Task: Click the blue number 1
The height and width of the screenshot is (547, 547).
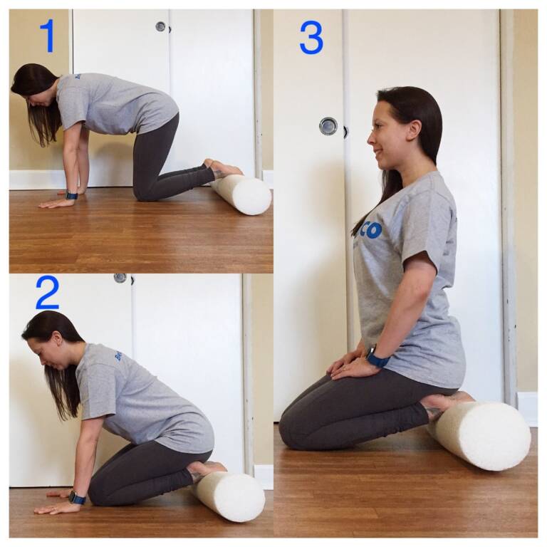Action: coord(47,36)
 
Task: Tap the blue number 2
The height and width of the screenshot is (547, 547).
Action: coord(47,292)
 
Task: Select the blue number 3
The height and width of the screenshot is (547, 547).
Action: coord(311,37)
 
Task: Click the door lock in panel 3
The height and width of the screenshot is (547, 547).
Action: coord(328,126)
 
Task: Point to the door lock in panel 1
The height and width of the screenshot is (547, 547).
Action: coord(161,26)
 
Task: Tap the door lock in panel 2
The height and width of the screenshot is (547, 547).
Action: coord(120,278)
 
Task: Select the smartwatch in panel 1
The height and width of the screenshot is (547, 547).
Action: coord(71,194)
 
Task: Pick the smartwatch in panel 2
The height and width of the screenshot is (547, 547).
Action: coord(77,497)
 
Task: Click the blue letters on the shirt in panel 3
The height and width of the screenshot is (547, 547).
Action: coord(370,229)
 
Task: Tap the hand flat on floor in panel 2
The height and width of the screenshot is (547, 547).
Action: coord(53,508)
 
